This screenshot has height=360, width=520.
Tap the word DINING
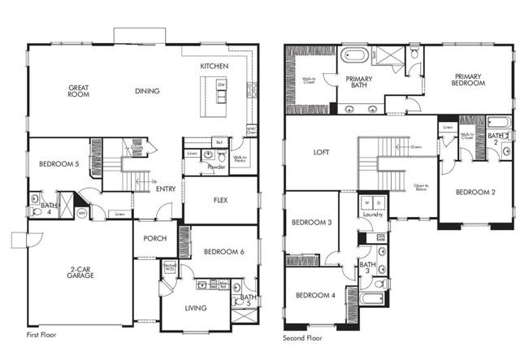[147, 91]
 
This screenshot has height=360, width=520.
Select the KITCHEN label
[214, 66]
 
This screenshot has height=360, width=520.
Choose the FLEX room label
[220, 200]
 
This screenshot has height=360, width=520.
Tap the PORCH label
[154, 239]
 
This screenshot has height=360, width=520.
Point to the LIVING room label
[196, 308]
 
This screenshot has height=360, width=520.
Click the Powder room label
[216, 167]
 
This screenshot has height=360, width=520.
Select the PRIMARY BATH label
[359, 84]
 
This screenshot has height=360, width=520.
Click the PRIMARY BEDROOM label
[468, 80]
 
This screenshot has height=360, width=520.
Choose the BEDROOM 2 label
[475, 193]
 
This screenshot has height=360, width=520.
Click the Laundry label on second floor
[373, 215]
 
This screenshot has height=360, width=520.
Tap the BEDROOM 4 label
[315, 295]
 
